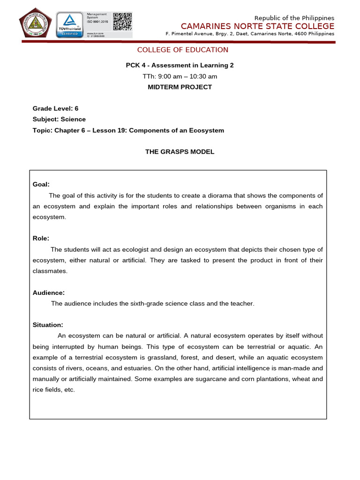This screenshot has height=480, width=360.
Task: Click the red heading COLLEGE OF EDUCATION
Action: tap(182, 50)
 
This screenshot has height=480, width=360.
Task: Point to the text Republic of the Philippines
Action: tap(294, 18)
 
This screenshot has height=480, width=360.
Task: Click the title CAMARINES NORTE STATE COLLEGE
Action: tap(257, 26)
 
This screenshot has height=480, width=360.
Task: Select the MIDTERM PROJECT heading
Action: tap(180, 87)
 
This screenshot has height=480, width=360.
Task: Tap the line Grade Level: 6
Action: tap(55, 108)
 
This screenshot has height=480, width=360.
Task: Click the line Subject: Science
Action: tap(59, 119)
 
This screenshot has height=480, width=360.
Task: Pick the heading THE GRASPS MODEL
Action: tap(180, 152)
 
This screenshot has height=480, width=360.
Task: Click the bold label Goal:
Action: tap(41, 184)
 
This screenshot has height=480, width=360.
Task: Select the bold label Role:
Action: tap(41, 238)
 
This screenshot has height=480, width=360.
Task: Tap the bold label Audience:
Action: tap(48, 292)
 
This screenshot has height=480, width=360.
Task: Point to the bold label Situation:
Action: tap(48, 325)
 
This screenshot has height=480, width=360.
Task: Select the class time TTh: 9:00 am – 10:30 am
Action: tap(180, 76)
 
